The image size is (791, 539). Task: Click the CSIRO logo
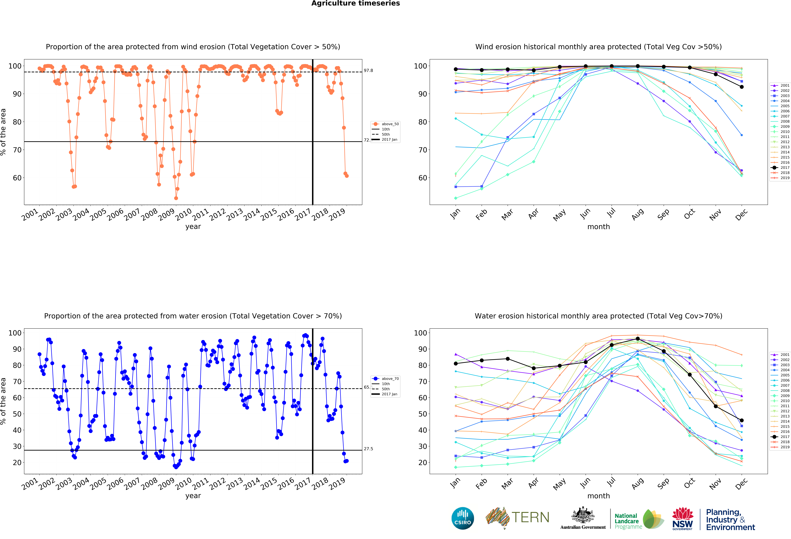pos(463,518)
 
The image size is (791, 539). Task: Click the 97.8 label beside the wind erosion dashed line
pos(368,70)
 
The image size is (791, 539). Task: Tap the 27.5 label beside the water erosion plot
pos(368,448)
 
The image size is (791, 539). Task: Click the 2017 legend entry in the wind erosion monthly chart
pos(785,167)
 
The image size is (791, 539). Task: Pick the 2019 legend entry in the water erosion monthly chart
pos(785,447)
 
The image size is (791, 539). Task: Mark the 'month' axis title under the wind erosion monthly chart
pos(598,227)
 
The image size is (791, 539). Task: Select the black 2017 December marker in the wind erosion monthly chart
pos(742,87)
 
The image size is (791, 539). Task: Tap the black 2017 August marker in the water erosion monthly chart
pos(637,339)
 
